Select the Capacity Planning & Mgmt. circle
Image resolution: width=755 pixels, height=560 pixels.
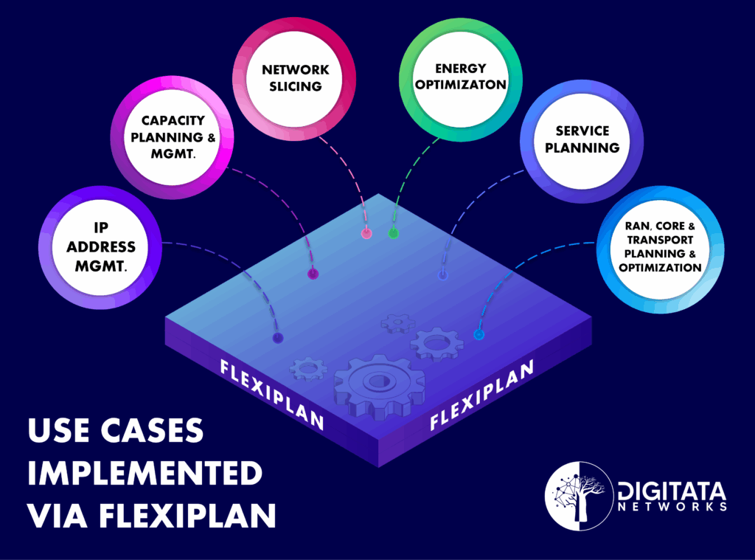pos(173,137)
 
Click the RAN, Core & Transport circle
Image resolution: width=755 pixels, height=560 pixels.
pos(659,246)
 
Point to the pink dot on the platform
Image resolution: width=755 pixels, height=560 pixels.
pos(366,234)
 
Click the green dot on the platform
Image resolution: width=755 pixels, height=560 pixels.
pos(394,234)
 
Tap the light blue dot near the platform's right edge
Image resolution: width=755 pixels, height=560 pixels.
pos(478,335)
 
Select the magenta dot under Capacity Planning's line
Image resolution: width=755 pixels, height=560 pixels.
pos(313,274)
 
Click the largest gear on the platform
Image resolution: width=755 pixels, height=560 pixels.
pos(379,384)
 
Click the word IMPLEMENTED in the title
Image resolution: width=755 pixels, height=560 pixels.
pos(145,473)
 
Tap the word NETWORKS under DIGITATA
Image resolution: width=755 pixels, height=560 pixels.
pos(672,507)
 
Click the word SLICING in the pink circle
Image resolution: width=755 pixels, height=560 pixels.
pos(296,86)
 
